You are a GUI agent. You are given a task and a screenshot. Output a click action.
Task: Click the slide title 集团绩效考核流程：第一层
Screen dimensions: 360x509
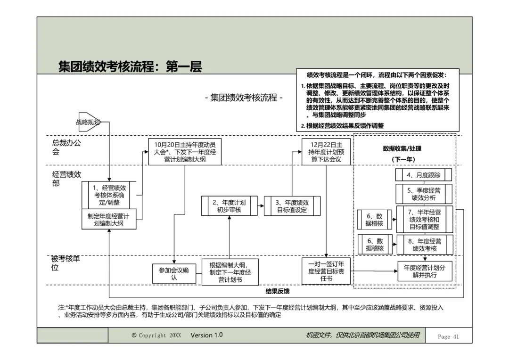click(x=130, y=67)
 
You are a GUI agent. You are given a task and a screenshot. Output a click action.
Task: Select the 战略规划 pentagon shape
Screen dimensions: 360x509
click(x=89, y=122)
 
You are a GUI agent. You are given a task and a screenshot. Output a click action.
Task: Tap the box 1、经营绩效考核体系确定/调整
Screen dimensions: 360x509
click(x=109, y=195)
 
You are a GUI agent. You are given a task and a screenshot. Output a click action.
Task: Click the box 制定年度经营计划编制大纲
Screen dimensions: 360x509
click(x=109, y=219)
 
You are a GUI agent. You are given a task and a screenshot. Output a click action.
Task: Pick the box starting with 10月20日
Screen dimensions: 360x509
click(x=185, y=152)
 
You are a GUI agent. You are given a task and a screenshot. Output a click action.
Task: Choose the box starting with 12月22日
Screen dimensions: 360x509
click(x=326, y=152)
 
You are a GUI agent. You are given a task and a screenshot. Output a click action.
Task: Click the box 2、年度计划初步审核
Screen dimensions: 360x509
click(x=229, y=206)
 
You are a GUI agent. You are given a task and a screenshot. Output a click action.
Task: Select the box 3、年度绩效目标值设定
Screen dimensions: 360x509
click(x=292, y=206)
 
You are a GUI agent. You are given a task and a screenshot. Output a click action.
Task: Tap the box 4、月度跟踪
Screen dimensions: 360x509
click(x=424, y=175)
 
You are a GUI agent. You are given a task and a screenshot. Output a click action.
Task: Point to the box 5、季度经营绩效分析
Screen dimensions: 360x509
click(x=424, y=194)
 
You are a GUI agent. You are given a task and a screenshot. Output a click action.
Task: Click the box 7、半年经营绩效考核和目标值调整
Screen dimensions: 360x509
click(x=424, y=219)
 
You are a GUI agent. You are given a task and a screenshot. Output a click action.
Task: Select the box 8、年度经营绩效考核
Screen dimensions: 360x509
click(x=424, y=245)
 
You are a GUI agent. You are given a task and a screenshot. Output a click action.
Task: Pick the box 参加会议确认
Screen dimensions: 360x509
click(x=174, y=274)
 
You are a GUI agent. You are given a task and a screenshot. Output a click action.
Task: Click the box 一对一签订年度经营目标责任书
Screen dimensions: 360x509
click(x=326, y=271)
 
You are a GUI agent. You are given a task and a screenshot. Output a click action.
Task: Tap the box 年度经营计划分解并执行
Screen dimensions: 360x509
click(x=424, y=271)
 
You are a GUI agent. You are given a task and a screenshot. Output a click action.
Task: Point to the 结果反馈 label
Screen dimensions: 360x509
click(x=277, y=291)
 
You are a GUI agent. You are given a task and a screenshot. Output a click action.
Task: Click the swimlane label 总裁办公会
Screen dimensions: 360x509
click(x=66, y=147)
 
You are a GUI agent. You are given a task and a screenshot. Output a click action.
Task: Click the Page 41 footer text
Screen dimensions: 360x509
click(x=448, y=336)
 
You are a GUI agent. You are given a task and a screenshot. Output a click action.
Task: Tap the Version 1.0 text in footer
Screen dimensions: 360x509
click(x=206, y=335)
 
